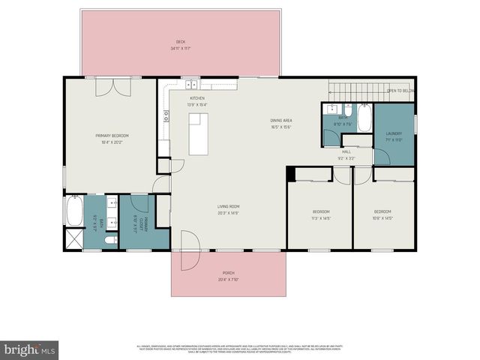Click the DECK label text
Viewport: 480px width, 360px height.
pyautogui.click(x=180, y=42)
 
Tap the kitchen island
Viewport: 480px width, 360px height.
pyautogui.click(x=198, y=133)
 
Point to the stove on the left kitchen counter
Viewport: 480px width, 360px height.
pyautogui.click(x=165, y=115)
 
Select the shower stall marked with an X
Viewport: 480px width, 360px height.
pyautogui.click(x=73, y=239)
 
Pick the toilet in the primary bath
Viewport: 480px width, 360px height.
pyautogui.click(x=110, y=240)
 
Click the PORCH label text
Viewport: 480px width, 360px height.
pyautogui.click(x=228, y=272)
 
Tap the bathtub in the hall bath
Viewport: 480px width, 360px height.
pyautogui.click(x=364, y=117)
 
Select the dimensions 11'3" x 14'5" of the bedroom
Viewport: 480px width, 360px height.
pyautogui.click(x=321, y=218)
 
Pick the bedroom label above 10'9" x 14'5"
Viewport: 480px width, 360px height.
pyautogui.click(x=382, y=212)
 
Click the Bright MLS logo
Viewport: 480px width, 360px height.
pyautogui.click(x=30, y=349)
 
